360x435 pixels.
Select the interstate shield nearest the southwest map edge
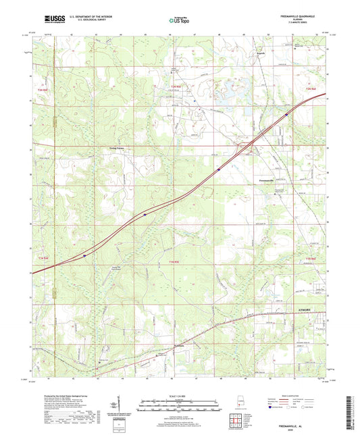(x=84, y=255)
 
